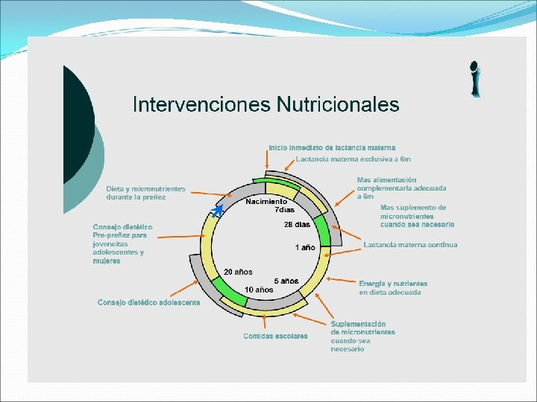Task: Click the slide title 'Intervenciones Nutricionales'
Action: [x=266, y=104]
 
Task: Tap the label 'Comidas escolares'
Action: [x=275, y=336]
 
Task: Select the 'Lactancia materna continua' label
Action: [x=410, y=245]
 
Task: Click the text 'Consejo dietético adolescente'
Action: [x=148, y=302]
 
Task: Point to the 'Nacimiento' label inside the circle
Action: [x=266, y=202]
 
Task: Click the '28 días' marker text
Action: [x=297, y=224]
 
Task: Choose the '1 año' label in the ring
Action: [x=305, y=246]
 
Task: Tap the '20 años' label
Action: [x=238, y=272]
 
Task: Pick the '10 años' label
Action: [x=258, y=289]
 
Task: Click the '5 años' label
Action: [x=286, y=281]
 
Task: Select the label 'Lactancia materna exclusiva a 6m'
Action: [x=353, y=159]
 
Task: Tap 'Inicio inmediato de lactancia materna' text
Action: [x=332, y=147]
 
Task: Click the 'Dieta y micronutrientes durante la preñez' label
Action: [x=145, y=193]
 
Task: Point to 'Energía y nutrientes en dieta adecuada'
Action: [x=393, y=288]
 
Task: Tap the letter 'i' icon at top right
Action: [x=474, y=79]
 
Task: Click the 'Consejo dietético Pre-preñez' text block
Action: [x=122, y=243]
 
